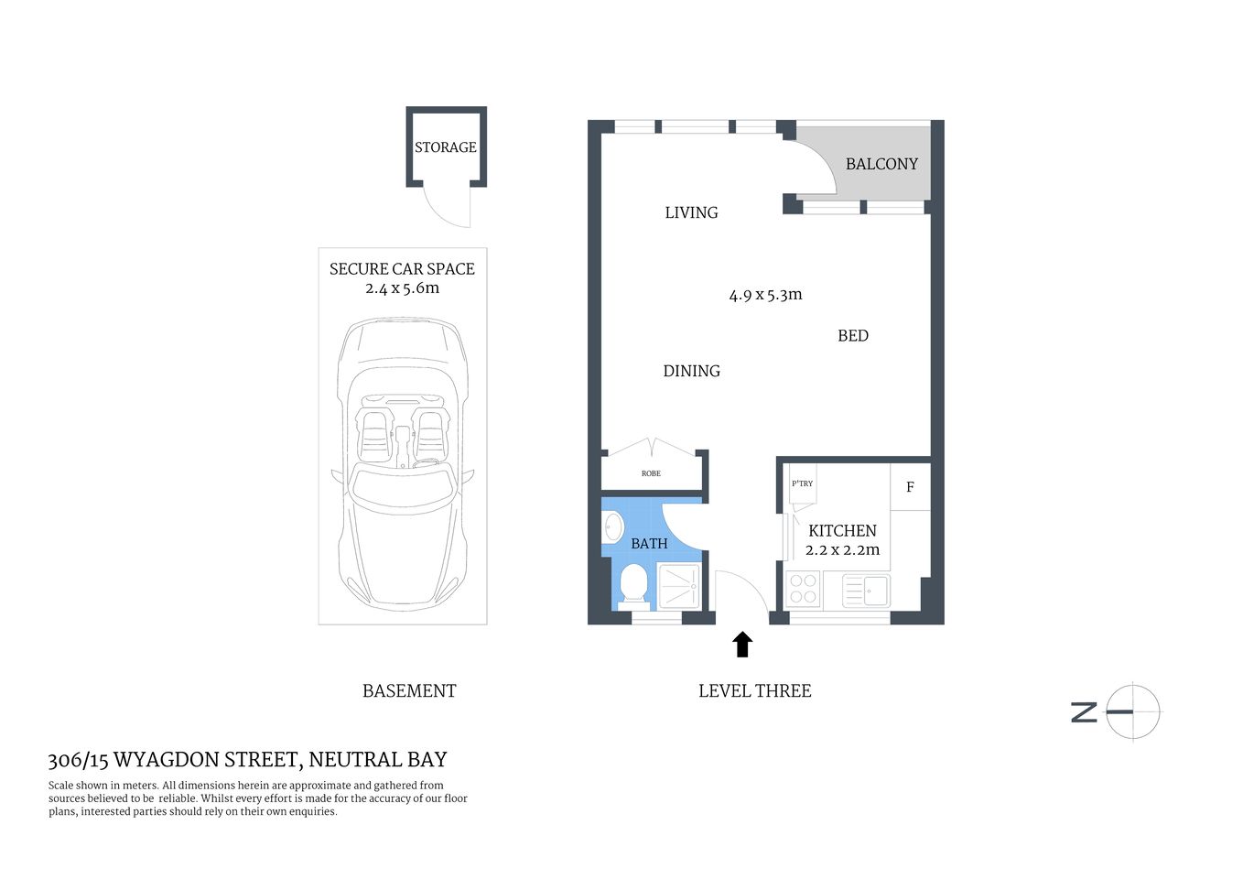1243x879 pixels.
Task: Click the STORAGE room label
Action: tap(446, 147)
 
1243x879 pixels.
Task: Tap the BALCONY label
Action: tap(881, 164)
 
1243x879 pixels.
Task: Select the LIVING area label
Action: tap(691, 212)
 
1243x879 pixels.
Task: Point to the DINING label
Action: tap(691, 371)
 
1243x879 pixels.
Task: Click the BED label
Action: tap(853, 336)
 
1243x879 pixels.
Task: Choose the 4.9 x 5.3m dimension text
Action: tap(765, 295)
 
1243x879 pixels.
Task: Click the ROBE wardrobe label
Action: tap(651, 473)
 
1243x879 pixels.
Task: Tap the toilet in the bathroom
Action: tap(633, 584)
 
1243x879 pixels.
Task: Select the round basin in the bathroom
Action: tap(613, 527)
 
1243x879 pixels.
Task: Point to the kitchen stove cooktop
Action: tap(803, 589)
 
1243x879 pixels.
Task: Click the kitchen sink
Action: tap(865, 590)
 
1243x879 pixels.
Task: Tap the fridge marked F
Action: tap(910, 487)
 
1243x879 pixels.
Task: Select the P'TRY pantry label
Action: tap(802, 483)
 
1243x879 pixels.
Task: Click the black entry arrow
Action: tap(742, 645)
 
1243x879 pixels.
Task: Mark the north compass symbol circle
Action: tap(1133, 711)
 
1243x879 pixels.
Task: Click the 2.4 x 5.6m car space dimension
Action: tap(402, 288)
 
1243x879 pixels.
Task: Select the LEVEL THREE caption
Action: tap(754, 691)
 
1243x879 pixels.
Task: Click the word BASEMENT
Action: tap(409, 691)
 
